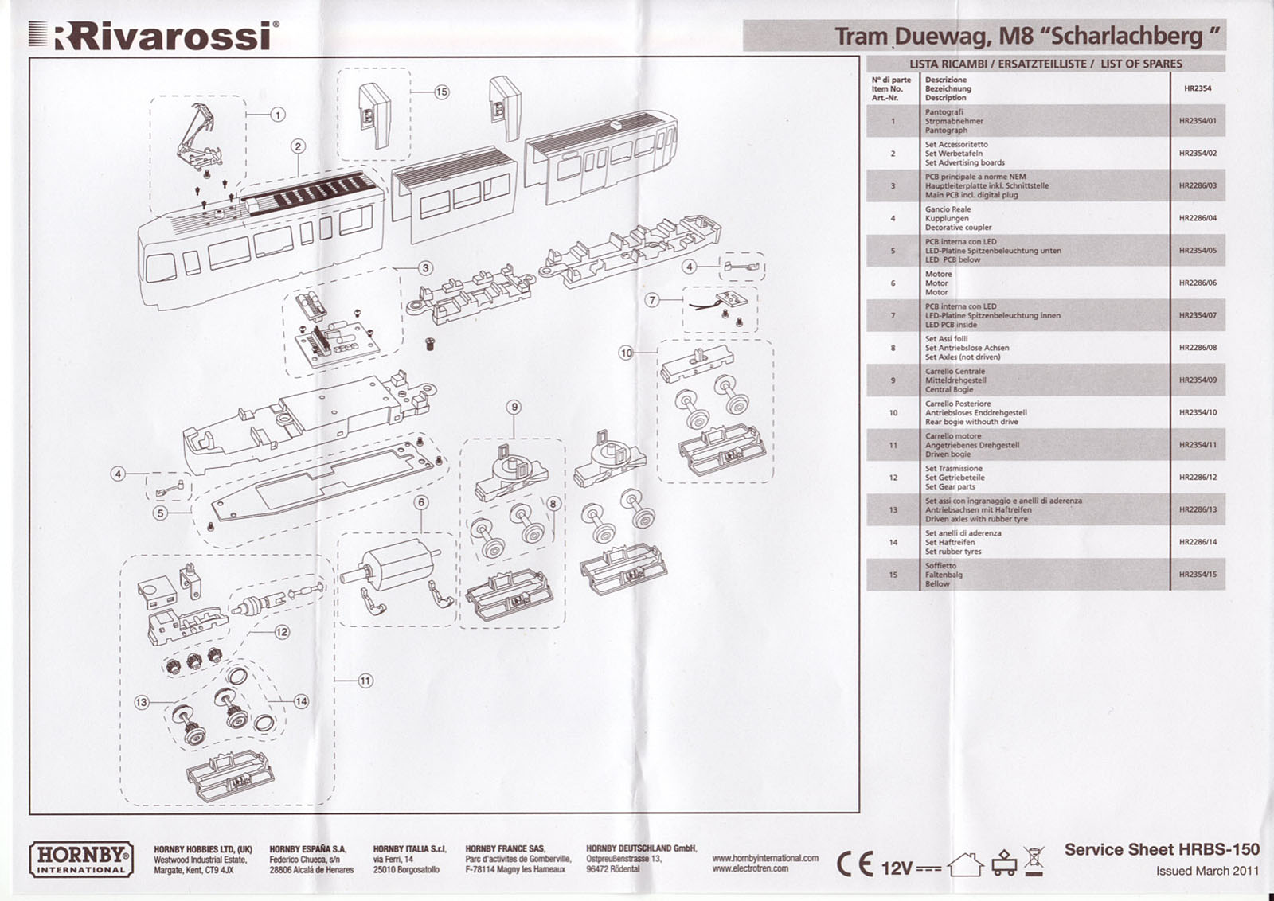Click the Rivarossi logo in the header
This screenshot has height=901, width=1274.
(x=155, y=35)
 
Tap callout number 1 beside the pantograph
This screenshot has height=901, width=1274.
(x=278, y=115)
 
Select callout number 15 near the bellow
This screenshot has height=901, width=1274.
(x=441, y=92)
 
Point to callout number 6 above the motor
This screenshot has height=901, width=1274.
(x=421, y=502)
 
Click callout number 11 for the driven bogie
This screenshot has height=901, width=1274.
(x=365, y=681)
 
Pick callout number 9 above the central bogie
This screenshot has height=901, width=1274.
(x=514, y=407)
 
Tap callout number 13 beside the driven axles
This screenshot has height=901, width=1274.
(x=142, y=703)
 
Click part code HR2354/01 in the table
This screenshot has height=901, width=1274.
(x=1198, y=121)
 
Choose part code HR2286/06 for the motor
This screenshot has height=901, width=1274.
(x=1198, y=283)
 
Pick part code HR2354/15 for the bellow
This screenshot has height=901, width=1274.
(x=1198, y=575)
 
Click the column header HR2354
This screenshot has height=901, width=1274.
(x=1198, y=88)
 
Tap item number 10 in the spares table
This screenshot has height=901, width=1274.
(x=893, y=413)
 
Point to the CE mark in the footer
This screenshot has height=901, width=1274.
(x=854, y=865)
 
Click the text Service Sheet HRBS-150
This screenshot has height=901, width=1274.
(x=1161, y=850)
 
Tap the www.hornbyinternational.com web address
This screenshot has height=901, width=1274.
(x=764, y=858)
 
